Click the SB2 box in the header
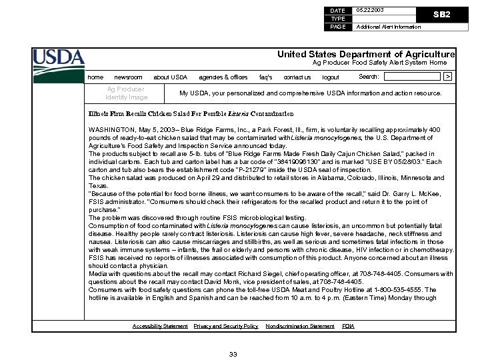(x=441, y=14)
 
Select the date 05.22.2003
(x=370, y=11)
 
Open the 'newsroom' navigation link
(x=128, y=77)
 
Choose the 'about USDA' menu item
(x=170, y=77)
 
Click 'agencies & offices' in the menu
(x=223, y=77)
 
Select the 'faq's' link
(x=265, y=77)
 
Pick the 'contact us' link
(x=297, y=77)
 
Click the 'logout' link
(x=331, y=77)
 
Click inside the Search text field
(x=412, y=77)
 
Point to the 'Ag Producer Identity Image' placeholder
(x=126, y=93)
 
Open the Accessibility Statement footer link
(x=160, y=326)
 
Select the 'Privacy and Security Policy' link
(x=225, y=326)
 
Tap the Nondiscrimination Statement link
(x=299, y=326)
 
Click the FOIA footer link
(x=348, y=326)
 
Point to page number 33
(x=233, y=353)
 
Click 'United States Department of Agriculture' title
(x=366, y=54)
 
